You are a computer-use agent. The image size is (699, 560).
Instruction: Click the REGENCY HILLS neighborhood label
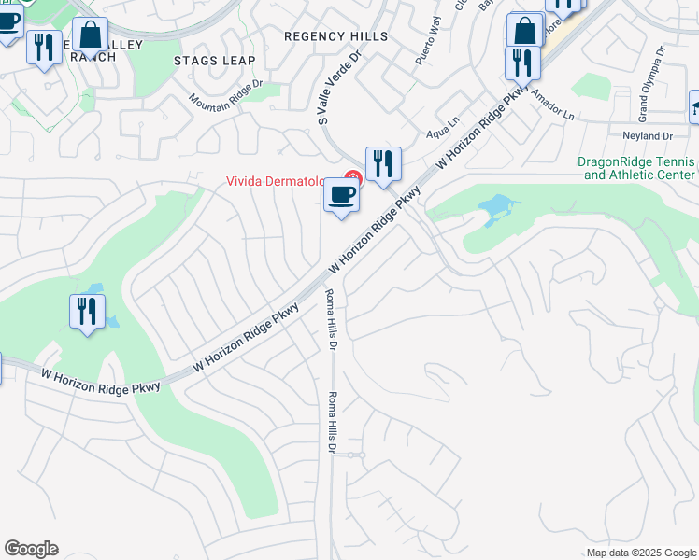coord(335,35)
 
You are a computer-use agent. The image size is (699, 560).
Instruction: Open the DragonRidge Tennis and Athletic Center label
coord(636,168)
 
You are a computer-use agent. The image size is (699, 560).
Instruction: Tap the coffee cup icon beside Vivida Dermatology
coord(341,196)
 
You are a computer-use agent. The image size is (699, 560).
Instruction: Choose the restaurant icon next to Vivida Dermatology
coord(382,164)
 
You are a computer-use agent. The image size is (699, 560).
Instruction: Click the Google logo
coord(31,549)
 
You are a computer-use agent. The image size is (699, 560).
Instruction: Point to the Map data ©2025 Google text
coord(641,553)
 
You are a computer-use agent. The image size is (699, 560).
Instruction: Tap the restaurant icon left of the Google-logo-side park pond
coord(87,311)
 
